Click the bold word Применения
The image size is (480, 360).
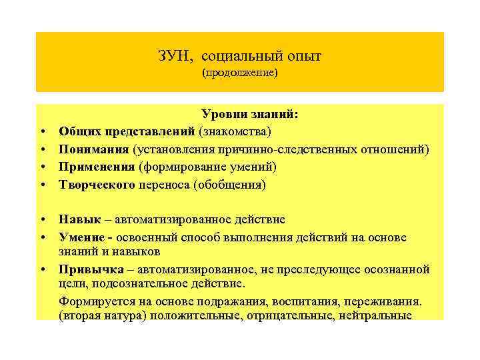click(x=96, y=167)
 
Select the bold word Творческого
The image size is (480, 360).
click(x=97, y=184)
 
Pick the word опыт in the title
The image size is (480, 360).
click(x=306, y=57)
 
